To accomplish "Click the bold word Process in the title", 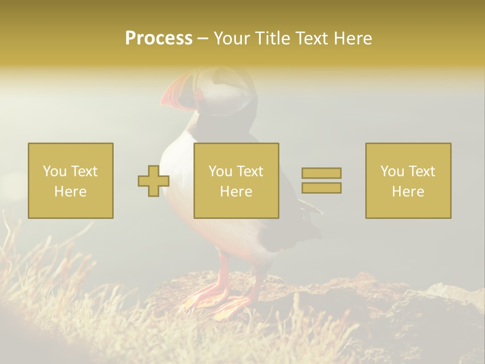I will tap(159, 38).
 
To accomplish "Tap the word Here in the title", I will tap(352, 38).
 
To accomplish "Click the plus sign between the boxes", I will tap(154, 181).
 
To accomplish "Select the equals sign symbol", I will tap(321, 180).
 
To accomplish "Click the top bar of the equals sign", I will tap(321, 173).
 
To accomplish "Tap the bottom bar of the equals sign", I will tap(321, 188).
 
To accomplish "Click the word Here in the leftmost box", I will tap(70, 192).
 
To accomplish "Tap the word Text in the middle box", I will tap(251, 171).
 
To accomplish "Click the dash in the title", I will tap(203, 38).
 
